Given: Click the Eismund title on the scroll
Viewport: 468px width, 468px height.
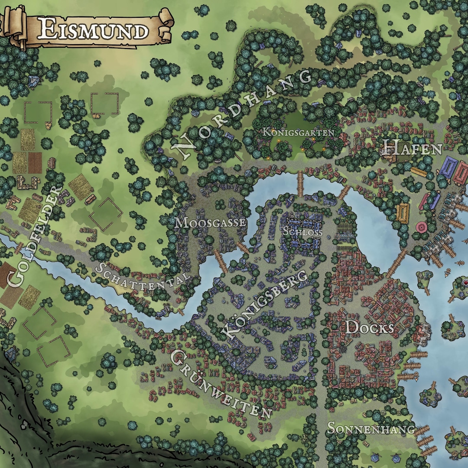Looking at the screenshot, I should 94,30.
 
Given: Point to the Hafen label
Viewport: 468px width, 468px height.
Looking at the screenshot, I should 412,149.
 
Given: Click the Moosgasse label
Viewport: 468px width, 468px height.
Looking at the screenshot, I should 211,223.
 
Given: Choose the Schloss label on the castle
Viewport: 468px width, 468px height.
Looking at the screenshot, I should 302,231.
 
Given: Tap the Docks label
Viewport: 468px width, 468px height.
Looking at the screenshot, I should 369,328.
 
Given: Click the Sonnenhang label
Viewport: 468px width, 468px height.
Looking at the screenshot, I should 371,429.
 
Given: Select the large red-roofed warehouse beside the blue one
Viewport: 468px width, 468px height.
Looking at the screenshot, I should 461,172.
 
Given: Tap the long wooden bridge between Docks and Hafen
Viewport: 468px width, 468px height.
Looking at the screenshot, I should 396,263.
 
